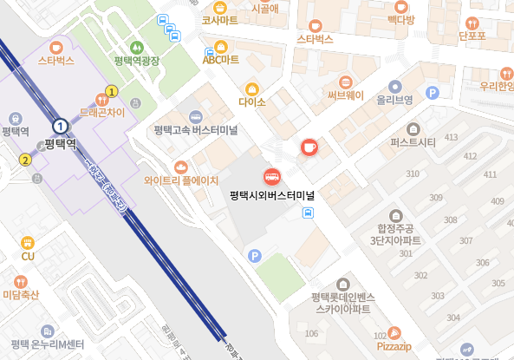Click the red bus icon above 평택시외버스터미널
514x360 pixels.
coord(271,177)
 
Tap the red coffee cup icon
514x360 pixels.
coord(309,147)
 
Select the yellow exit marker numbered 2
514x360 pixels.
coord(25,160)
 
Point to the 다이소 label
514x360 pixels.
coord(252,101)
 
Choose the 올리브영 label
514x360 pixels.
coord(394,100)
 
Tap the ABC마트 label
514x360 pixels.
coord(220,59)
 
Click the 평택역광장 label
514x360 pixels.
coord(137,61)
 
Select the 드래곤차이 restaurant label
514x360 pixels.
coord(102,112)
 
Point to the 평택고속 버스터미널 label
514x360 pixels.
coord(197,130)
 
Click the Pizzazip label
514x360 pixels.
coord(394,345)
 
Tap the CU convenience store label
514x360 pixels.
coord(28,256)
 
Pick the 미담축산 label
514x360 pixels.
coord(22,295)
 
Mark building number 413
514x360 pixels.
coord(451,138)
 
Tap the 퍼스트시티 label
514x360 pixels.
coord(413,141)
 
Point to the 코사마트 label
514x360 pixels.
coord(219,19)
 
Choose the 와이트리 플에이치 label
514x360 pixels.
coord(181,180)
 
